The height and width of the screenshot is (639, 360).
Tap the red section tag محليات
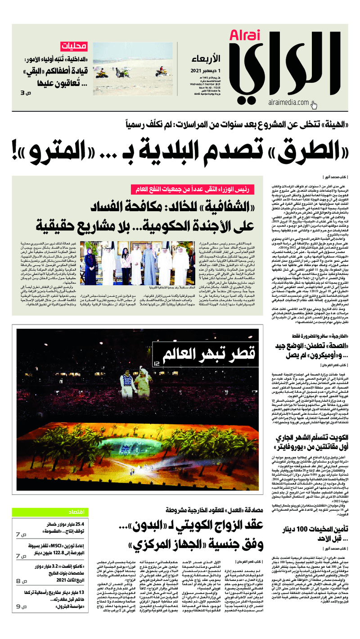coord(72,46)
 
